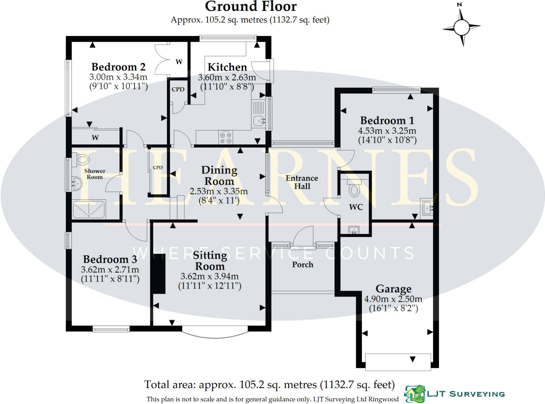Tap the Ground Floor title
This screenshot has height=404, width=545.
[x=250, y=6]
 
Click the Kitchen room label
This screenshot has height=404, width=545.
[x=227, y=67]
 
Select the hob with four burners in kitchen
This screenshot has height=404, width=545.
[x=226, y=138]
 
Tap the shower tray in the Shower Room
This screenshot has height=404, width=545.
[x=89, y=210]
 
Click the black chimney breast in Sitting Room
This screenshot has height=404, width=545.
[x=159, y=273]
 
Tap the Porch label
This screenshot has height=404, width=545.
[x=303, y=265]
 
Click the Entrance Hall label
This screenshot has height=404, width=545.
[x=302, y=182]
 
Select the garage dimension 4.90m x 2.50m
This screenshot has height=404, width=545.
[x=393, y=299]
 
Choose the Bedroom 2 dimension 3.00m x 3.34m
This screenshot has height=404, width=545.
[x=118, y=77]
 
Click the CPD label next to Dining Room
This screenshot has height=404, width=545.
[x=158, y=168]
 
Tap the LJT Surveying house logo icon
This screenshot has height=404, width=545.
[x=415, y=394]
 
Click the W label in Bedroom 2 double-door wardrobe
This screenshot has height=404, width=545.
[x=179, y=62]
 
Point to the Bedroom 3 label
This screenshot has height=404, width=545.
[x=110, y=259]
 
